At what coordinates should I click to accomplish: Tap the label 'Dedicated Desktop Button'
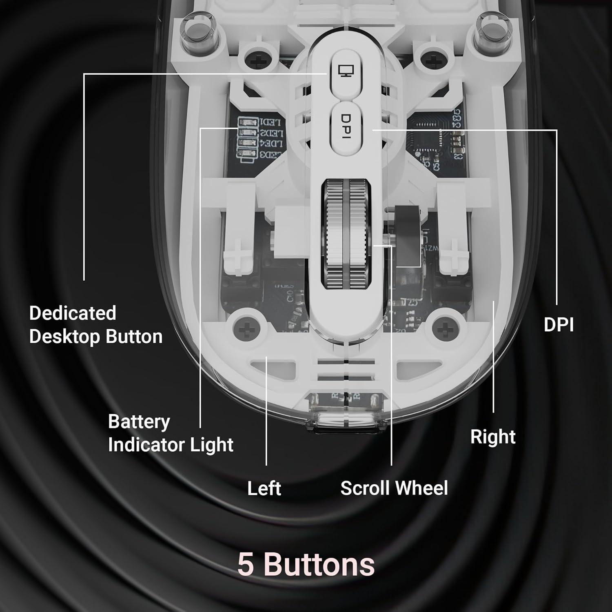tap(95, 325)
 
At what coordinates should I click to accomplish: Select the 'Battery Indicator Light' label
tap(170, 433)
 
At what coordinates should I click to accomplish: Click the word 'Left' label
tap(264, 488)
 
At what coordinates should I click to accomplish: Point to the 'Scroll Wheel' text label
tap(394, 488)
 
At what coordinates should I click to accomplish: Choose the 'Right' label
tap(492, 437)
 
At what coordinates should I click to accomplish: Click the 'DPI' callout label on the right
tap(559, 325)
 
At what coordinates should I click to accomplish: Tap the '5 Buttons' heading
tap(306, 564)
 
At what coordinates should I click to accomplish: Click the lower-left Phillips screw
tap(246, 327)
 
